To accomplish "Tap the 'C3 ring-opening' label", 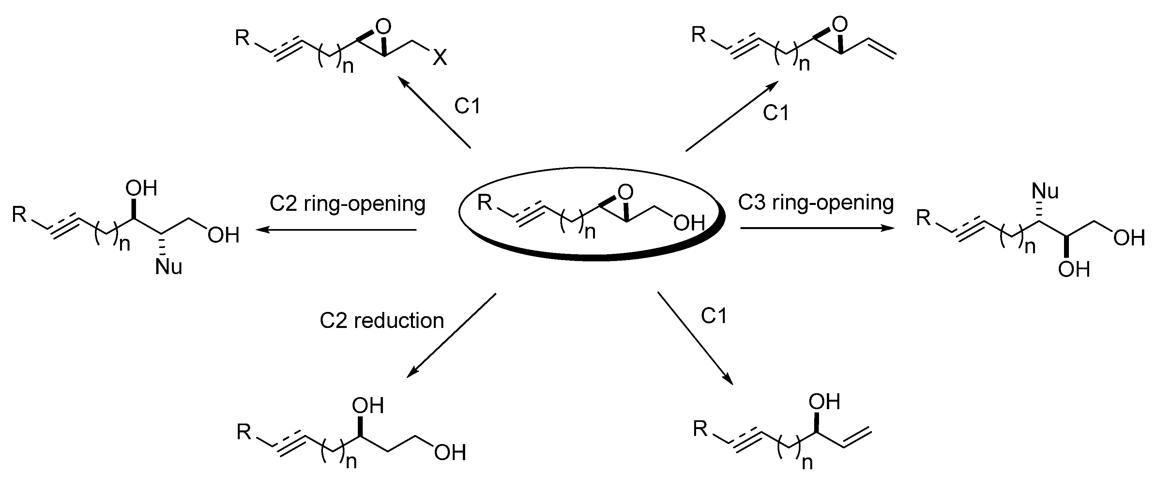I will [816, 203].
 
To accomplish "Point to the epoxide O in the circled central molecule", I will [625, 192].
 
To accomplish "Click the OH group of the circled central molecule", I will [689, 223].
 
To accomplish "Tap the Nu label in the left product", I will [169, 267].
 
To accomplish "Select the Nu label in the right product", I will [1045, 191].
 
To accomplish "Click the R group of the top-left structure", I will [242, 38].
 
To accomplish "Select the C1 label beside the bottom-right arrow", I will [713, 317].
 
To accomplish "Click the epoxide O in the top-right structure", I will [839, 23].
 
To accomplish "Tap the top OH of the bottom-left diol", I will [368, 406].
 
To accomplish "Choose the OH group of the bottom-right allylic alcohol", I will [824, 401].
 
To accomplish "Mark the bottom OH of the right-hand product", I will [1074, 270].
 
